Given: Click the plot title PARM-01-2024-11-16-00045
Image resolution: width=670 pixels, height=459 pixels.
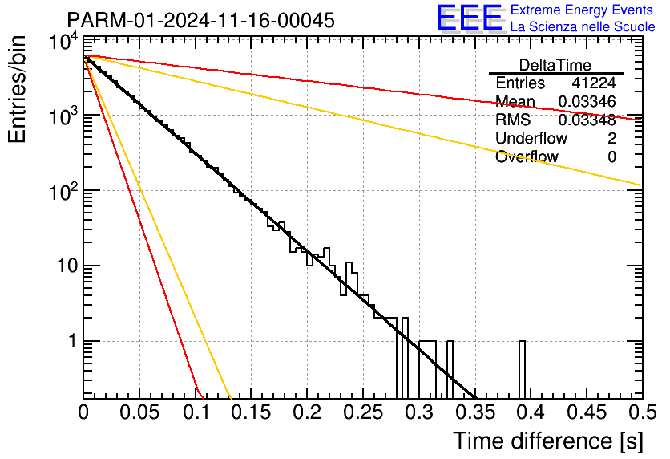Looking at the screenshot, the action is point(201,20).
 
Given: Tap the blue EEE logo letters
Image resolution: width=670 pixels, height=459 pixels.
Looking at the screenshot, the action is point(470,18).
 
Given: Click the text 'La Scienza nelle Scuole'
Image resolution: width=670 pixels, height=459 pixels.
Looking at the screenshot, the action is point(583,26).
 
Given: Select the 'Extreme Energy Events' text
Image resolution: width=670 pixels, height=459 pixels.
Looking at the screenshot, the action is point(582,10).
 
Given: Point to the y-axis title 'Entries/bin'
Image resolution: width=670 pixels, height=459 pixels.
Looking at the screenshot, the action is point(17,89).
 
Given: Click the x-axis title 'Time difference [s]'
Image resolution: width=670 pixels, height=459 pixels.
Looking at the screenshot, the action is point(548,441).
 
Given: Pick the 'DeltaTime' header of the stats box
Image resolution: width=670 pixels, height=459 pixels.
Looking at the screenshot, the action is point(555,65).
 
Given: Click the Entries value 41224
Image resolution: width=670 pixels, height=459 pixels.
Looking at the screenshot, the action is point(594,83).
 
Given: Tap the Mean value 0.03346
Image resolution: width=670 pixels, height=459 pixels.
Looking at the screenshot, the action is point(587,102).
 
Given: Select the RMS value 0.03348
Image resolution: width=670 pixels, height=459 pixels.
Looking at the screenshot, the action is point(587,120).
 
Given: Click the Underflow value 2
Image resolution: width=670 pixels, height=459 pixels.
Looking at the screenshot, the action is point(611,139).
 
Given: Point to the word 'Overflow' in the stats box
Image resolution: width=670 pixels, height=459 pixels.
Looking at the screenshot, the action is point(527,157).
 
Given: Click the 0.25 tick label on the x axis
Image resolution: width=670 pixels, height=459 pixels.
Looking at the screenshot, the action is point(364,412).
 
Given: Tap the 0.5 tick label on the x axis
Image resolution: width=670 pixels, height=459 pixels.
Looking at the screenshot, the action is point(642,412).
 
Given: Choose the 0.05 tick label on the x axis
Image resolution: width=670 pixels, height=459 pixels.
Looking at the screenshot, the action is point(139,412).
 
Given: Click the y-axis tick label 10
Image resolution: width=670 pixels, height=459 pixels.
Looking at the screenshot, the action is point(68,266).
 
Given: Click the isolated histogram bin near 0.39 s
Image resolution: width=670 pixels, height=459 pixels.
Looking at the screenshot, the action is point(523,370).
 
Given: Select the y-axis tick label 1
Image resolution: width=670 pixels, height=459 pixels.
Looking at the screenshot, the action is point(73,341).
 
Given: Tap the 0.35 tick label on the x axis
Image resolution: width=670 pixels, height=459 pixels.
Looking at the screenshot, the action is point(475,412).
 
